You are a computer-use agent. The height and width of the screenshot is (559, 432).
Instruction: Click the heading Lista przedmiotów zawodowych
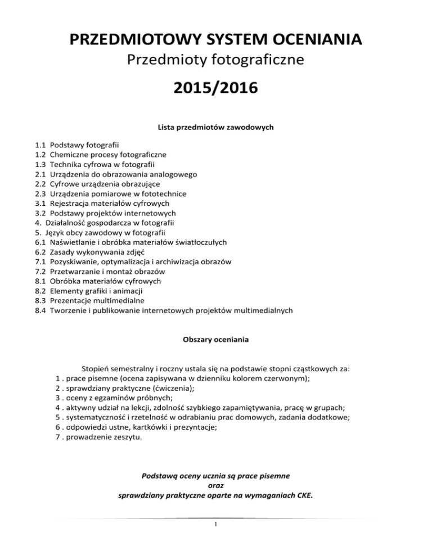pos(216,128)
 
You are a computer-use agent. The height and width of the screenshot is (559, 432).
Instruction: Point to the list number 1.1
pos(40,144)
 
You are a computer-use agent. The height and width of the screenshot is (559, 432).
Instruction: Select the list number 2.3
pos(40,193)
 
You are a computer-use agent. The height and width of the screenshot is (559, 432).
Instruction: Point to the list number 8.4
pos(40,310)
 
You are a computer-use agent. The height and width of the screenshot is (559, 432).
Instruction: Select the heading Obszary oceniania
pos(216,340)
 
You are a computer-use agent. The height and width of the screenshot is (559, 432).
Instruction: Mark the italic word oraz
pos(216,486)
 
